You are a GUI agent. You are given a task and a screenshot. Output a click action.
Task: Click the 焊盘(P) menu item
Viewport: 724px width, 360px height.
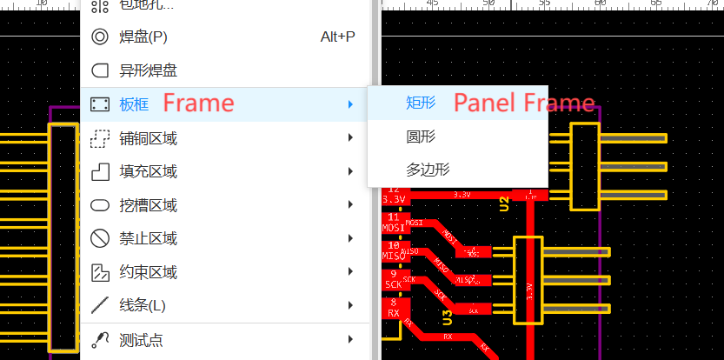(143, 37)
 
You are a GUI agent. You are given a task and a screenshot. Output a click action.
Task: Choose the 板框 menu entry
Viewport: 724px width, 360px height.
(134, 104)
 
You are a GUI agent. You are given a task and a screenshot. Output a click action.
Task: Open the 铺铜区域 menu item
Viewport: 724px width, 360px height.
(148, 138)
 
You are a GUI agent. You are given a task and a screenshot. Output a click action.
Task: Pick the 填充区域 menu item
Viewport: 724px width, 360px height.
(148, 171)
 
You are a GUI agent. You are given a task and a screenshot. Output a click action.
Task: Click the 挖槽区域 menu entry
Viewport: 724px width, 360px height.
(148, 205)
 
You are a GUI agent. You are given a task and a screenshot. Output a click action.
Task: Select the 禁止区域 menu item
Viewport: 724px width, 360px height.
(148, 238)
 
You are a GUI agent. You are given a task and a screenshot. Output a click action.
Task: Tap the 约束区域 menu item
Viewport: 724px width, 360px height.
(148, 272)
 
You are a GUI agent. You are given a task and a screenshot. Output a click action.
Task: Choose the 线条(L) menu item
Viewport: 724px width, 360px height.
(143, 305)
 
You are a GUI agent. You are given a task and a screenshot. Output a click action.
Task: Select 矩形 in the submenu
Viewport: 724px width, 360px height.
(421, 103)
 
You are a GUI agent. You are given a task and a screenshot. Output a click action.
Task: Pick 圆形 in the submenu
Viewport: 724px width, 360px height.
(421, 137)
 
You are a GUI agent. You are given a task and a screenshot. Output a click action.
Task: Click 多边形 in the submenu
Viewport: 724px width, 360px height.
(428, 170)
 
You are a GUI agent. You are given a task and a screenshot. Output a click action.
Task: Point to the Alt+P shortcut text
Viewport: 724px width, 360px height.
(337, 37)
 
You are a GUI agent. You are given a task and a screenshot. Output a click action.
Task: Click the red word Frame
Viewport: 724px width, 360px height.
(199, 103)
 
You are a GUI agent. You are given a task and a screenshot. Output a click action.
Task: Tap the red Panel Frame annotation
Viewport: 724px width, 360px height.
(525, 103)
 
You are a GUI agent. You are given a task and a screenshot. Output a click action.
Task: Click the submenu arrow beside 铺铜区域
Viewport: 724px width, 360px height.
(349, 137)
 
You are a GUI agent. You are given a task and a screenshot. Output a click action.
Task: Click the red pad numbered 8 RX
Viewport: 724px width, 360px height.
(394, 307)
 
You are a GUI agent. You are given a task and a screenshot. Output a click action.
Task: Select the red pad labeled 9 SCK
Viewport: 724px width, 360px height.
(394, 279)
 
